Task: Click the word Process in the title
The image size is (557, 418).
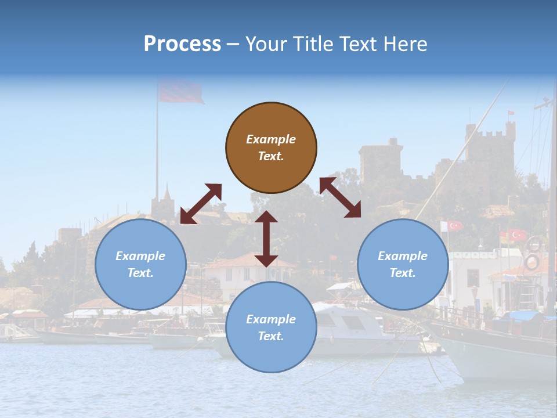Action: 182,44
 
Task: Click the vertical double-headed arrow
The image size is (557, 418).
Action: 266,239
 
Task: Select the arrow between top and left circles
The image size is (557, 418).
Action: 201,204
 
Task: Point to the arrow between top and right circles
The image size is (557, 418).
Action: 340,197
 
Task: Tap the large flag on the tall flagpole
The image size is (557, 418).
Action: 180,92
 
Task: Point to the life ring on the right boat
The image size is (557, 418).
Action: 531,262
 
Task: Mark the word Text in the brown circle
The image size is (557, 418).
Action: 270,156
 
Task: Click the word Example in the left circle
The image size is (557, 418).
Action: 140,256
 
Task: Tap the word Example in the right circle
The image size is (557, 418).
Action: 403,256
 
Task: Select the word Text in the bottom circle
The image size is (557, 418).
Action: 270,336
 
